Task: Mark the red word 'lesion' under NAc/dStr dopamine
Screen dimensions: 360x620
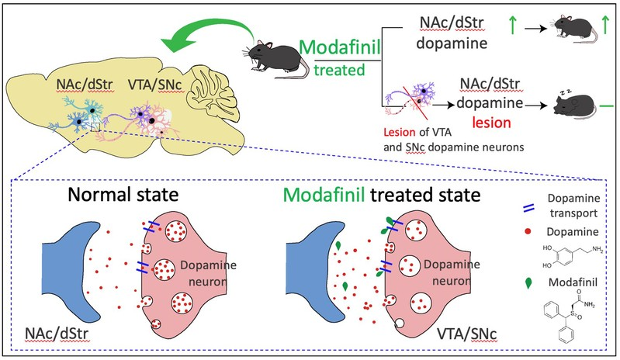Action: (x=481, y=123)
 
